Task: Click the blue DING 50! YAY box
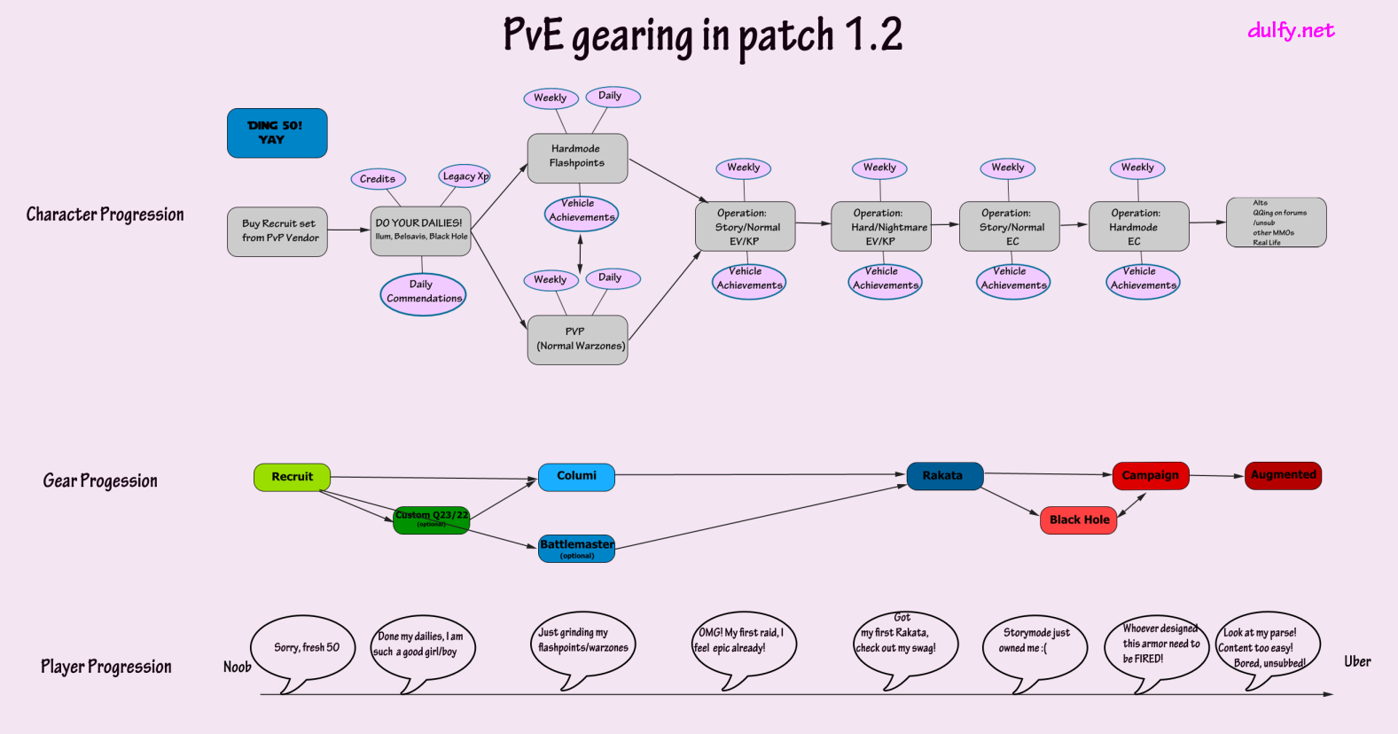[277, 133]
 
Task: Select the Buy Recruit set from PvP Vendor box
[277, 231]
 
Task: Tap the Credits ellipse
[378, 179]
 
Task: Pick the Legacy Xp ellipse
[465, 176]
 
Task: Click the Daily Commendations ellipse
[423, 293]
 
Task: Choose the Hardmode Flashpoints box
[577, 158]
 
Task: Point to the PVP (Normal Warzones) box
[577, 340]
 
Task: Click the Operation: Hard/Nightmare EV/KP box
[881, 226]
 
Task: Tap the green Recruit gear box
[292, 477]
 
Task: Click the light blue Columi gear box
[576, 477]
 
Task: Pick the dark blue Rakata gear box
[944, 476]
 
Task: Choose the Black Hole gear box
[1078, 520]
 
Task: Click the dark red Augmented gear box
[1283, 475]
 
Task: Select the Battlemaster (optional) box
[576, 548]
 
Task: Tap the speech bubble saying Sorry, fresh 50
[305, 649]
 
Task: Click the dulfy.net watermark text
[1290, 31]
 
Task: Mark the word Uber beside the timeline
[1356, 661]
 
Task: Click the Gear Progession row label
[100, 480]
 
